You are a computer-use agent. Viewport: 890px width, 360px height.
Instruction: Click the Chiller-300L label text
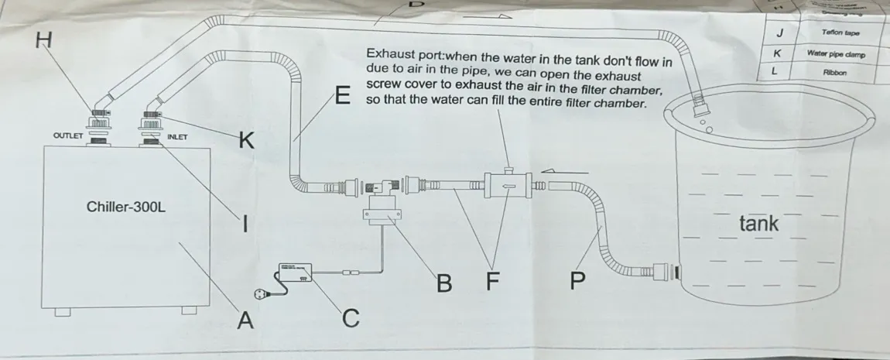pyautogui.click(x=127, y=207)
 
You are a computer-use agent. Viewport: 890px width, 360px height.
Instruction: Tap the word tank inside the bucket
pyautogui.click(x=758, y=225)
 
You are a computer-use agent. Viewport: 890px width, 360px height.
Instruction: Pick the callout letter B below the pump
pyautogui.click(x=443, y=283)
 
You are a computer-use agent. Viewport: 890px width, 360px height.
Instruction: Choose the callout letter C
pyautogui.click(x=350, y=317)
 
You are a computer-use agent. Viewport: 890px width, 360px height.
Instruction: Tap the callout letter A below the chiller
pyautogui.click(x=245, y=319)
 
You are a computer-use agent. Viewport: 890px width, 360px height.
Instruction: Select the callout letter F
pyautogui.click(x=492, y=283)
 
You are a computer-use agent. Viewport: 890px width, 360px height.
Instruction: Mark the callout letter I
pyautogui.click(x=245, y=225)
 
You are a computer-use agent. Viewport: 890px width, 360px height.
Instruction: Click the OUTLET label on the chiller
pyautogui.click(x=68, y=136)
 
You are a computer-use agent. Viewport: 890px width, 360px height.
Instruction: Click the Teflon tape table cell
pyautogui.click(x=842, y=33)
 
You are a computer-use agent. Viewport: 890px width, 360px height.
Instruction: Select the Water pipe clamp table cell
pyautogui.click(x=836, y=54)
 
